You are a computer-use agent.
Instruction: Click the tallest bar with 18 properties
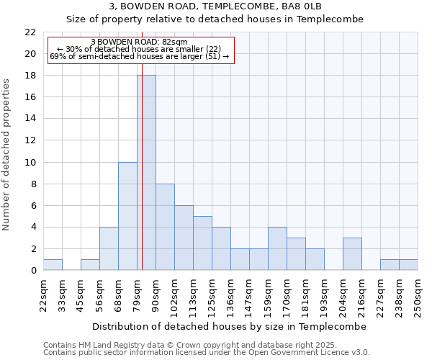[x=146, y=173]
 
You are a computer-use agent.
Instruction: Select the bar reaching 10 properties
[x=127, y=216]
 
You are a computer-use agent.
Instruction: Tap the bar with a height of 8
[x=165, y=227]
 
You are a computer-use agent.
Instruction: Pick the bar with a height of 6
[x=184, y=238]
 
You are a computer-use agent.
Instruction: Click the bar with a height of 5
[x=202, y=243]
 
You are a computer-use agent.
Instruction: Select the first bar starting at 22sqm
[x=53, y=265]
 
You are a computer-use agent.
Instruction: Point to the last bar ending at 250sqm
[x=408, y=265]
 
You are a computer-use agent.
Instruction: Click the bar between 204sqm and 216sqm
[x=352, y=254]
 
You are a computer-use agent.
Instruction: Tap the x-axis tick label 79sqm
[x=137, y=294]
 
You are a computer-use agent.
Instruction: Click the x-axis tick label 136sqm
[x=230, y=295]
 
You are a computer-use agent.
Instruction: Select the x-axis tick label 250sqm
[x=418, y=295]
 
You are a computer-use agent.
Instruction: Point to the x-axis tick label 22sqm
[x=43, y=294]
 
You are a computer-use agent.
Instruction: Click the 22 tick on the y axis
[x=30, y=32]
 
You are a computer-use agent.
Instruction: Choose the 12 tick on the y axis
[x=30, y=140]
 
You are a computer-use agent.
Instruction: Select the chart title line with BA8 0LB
[x=215, y=6]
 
